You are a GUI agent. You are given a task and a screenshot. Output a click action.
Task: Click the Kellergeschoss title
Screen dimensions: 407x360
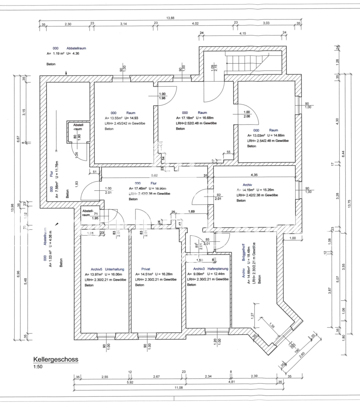click(x=56, y=359)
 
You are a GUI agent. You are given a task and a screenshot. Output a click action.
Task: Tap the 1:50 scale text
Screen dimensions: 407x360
click(x=39, y=367)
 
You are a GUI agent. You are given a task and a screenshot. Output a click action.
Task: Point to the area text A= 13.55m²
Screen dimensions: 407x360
click(x=113, y=118)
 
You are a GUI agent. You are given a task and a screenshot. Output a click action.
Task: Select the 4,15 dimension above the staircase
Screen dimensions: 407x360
click(x=242, y=33)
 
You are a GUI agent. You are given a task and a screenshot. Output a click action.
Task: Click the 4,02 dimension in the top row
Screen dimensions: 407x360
click(x=195, y=24)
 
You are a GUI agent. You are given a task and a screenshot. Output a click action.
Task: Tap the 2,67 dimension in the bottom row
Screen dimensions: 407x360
click(x=156, y=376)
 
